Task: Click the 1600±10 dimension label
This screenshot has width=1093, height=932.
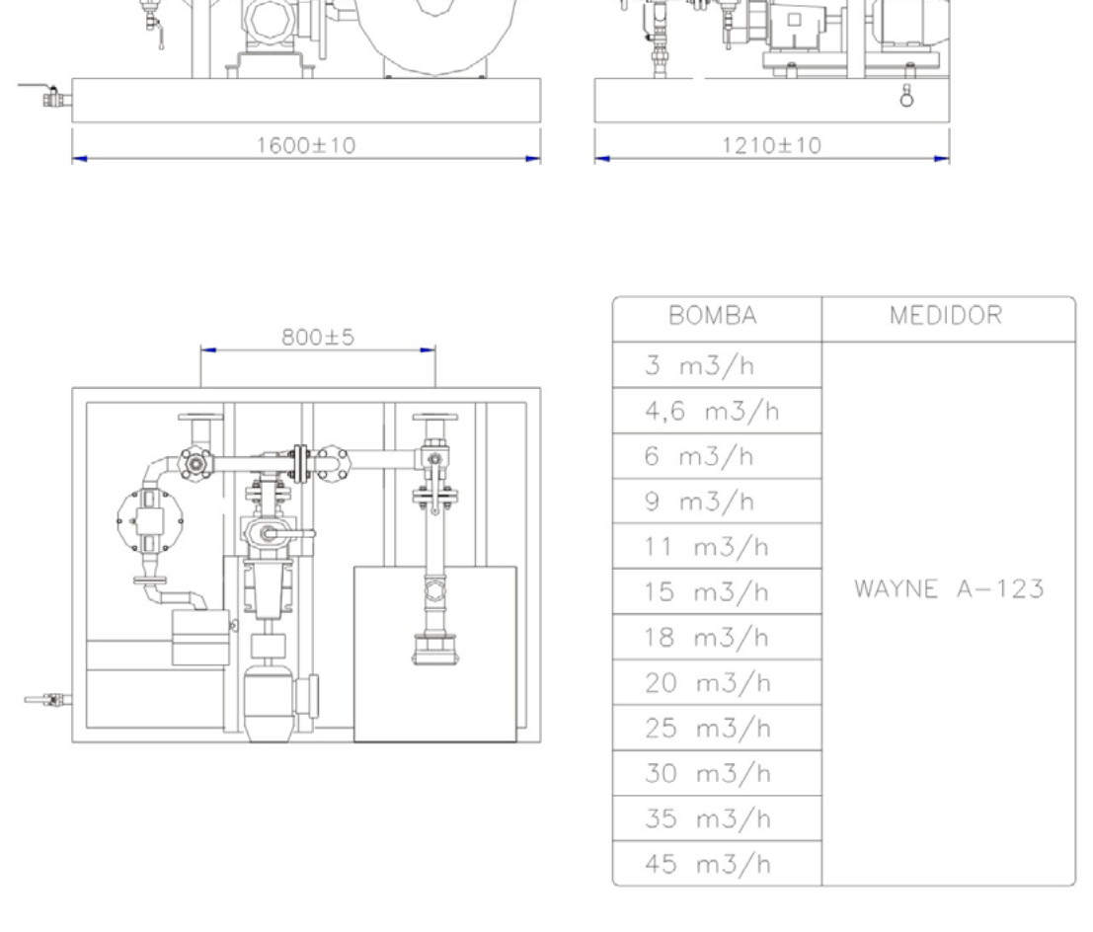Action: click(306, 145)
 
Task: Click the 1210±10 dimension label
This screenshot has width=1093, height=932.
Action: click(771, 145)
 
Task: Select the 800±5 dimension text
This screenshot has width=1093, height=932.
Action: click(318, 337)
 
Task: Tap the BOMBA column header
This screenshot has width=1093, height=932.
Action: click(713, 316)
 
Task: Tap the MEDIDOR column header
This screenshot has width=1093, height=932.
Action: click(946, 316)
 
